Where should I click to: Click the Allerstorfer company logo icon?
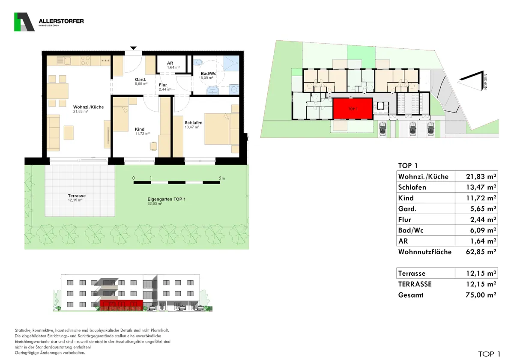(24, 22)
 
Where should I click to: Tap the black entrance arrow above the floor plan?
(133, 48)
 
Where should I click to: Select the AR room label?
(170, 63)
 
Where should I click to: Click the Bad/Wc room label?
(208, 73)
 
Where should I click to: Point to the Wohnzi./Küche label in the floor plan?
(88, 107)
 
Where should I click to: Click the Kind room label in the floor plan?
(140, 129)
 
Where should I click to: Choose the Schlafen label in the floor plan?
(194, 123)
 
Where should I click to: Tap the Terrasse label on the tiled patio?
(77, 196)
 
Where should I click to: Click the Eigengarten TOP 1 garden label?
(166, 199)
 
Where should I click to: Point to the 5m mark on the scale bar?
(221, 178)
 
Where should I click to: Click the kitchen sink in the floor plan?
(64, 61)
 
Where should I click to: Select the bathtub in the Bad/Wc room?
(213, 90)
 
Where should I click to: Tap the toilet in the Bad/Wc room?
(198, 62)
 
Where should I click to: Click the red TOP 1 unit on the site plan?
(353, 109)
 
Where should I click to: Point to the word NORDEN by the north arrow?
(485, 82)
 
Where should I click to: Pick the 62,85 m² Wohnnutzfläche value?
(481, 252)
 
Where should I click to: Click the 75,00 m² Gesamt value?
(481, 295)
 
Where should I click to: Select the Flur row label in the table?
(404, 220)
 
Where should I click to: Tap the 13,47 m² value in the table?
(481, 187)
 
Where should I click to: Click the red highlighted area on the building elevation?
(121, 305)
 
